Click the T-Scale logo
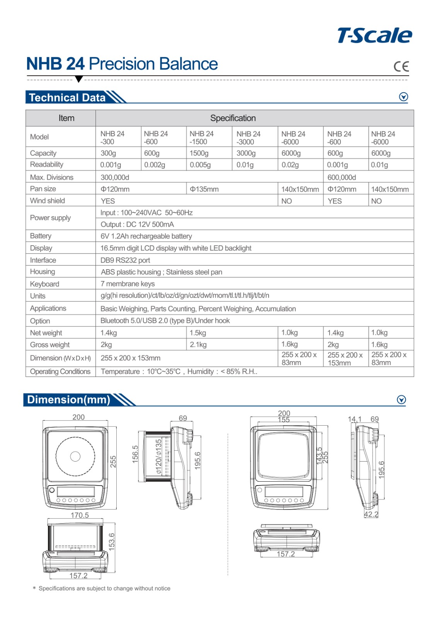point(374,36)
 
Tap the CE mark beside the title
point(401,66)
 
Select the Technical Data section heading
point(67,97)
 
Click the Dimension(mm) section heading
point(69,399)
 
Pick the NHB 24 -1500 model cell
point(201,138)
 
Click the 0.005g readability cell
point(200,165)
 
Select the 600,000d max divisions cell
point(342,177)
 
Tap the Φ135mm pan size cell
point(204,189)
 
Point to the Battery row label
point(41,236)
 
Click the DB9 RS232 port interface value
point(125,260)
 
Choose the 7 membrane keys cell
point(128,284)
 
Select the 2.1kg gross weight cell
point(198,345)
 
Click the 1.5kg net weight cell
point(198,333)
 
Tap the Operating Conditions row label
point(60,372)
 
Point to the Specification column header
point(233,118)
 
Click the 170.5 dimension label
point(80,515)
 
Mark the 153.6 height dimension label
point(112,542)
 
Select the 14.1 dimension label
point(354,419)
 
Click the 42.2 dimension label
point(371,514)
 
